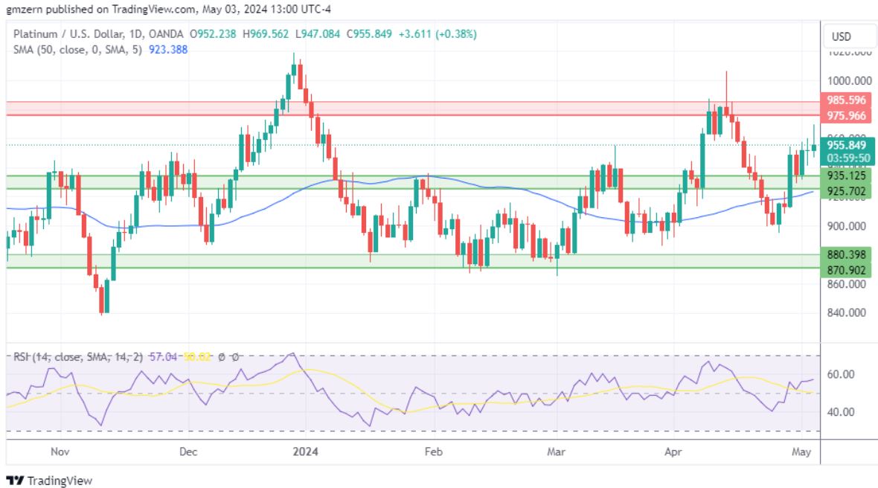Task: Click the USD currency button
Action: coord(841,36)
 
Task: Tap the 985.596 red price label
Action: coord(846,100)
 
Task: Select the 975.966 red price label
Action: coord(846,115)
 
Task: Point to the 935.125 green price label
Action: coord(846,176)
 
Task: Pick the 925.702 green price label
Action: coord(846,191)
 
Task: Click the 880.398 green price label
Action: coord(846,255)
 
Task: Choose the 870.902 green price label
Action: coord(846,270)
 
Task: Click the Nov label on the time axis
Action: coord(60,452)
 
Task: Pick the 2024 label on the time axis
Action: coord(305,452)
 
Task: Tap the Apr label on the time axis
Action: coord(673,452)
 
